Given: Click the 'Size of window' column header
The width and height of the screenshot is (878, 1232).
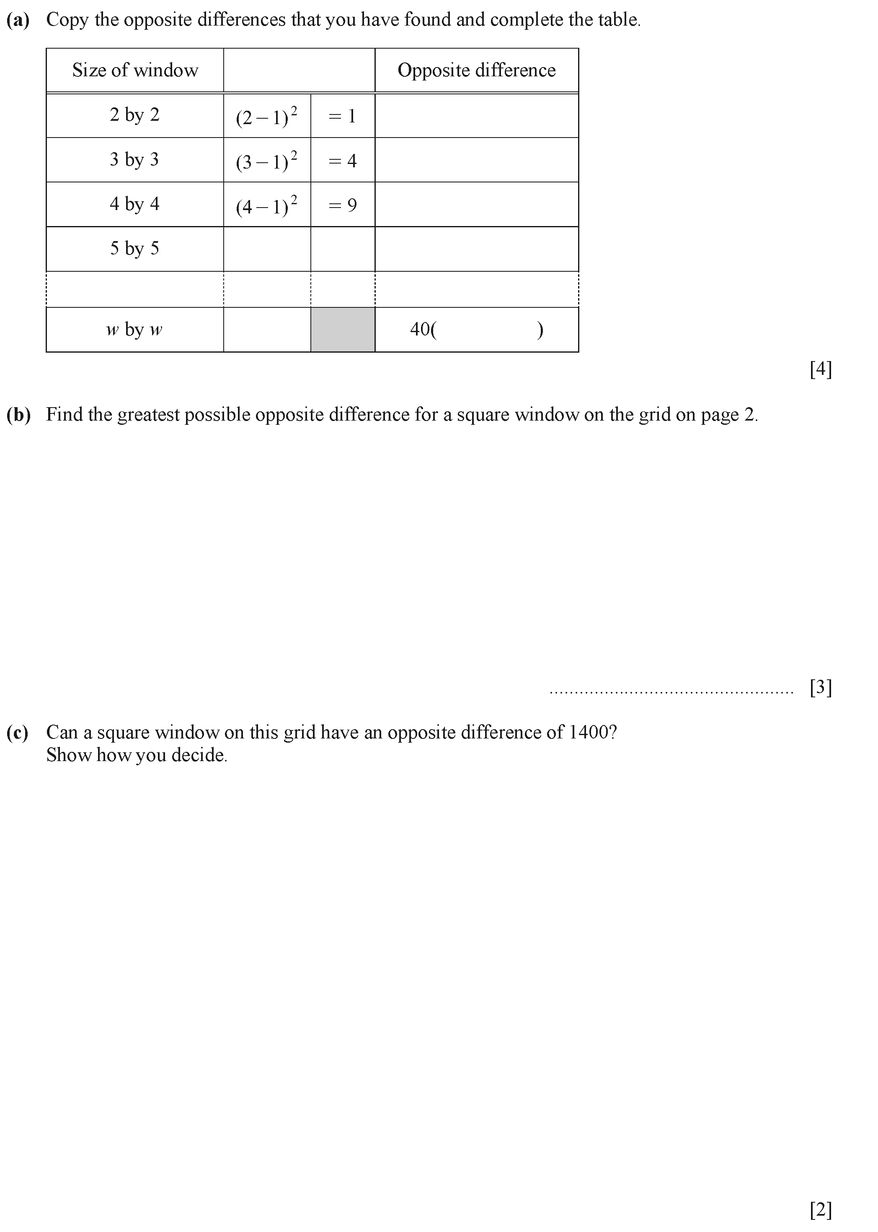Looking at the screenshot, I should click(135, 70).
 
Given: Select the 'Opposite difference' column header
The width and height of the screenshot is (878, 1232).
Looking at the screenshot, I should click(476, 70).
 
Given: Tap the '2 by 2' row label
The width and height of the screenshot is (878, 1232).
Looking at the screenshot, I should click(134, 115).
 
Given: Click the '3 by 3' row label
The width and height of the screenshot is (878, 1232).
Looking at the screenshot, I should click(134, 160).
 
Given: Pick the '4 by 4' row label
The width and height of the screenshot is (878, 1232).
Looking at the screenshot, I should click(134, 204).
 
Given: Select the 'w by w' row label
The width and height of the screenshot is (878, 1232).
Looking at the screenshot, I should click(134, 330).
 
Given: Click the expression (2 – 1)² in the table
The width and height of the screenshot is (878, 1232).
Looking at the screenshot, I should click(266, 116).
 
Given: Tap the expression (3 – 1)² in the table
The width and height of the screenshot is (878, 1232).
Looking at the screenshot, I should click(266, 160).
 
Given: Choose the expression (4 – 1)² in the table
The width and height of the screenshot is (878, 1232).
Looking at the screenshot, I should click(266, 205).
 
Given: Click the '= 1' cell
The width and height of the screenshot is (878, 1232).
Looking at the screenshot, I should click(342, 116).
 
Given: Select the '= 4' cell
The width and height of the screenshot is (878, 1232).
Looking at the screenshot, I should click(342, 161).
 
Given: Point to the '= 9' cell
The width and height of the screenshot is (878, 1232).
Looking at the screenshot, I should click(342, 205).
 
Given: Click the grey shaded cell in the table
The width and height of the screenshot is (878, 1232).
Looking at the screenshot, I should click(343, 330).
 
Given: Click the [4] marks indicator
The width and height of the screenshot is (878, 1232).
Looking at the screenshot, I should click(820, 369).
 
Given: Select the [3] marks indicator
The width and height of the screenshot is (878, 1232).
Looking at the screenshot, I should click(820, 688).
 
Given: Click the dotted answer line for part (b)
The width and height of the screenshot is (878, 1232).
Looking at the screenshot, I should click(671, 692).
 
